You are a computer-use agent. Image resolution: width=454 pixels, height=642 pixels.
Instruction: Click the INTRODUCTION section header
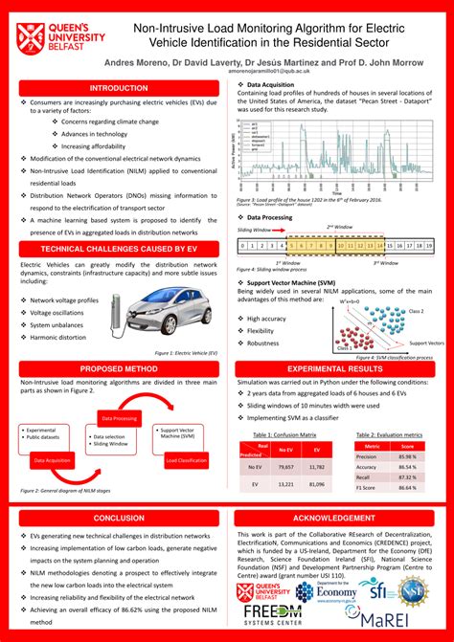pos(113,87)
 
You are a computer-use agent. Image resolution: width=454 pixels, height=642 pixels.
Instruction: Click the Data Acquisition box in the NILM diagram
pos(53,461)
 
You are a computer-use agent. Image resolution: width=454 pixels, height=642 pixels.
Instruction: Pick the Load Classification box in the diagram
pos(186,461)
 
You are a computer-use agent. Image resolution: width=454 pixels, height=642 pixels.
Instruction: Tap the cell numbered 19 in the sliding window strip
pos(429,246)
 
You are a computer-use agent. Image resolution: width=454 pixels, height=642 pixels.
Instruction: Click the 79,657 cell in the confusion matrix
pos(284,466)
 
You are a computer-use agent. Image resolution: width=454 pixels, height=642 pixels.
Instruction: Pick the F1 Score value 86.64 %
pos(408,487)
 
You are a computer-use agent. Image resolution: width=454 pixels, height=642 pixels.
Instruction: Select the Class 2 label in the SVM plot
pos(415,312)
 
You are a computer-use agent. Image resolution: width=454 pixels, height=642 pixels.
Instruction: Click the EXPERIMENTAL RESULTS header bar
pos(338,367)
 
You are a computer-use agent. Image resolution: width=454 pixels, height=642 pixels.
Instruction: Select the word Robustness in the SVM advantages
pos(264,343)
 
